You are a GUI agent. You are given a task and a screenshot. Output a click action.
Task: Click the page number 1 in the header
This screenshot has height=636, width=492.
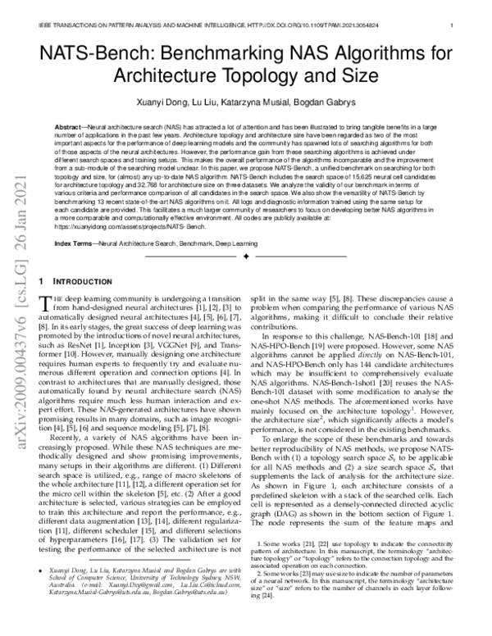[453, 25]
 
